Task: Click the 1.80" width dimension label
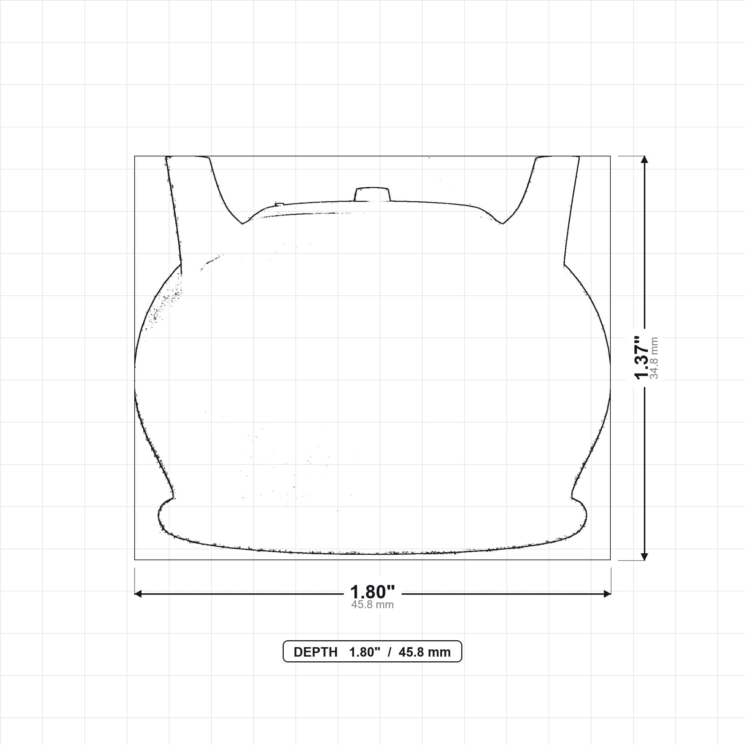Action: point(372,592)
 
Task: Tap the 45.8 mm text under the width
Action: point(372,605)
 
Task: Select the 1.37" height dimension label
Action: point(642,358)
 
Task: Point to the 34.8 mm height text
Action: point(654,358)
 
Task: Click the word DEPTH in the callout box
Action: point(315,652)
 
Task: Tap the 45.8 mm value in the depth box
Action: point(425,652)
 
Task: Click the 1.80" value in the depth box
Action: point(365,652)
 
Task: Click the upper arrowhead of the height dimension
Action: point(644,160)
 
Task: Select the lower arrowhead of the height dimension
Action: point(644,557)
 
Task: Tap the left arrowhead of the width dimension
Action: point(138,594)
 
